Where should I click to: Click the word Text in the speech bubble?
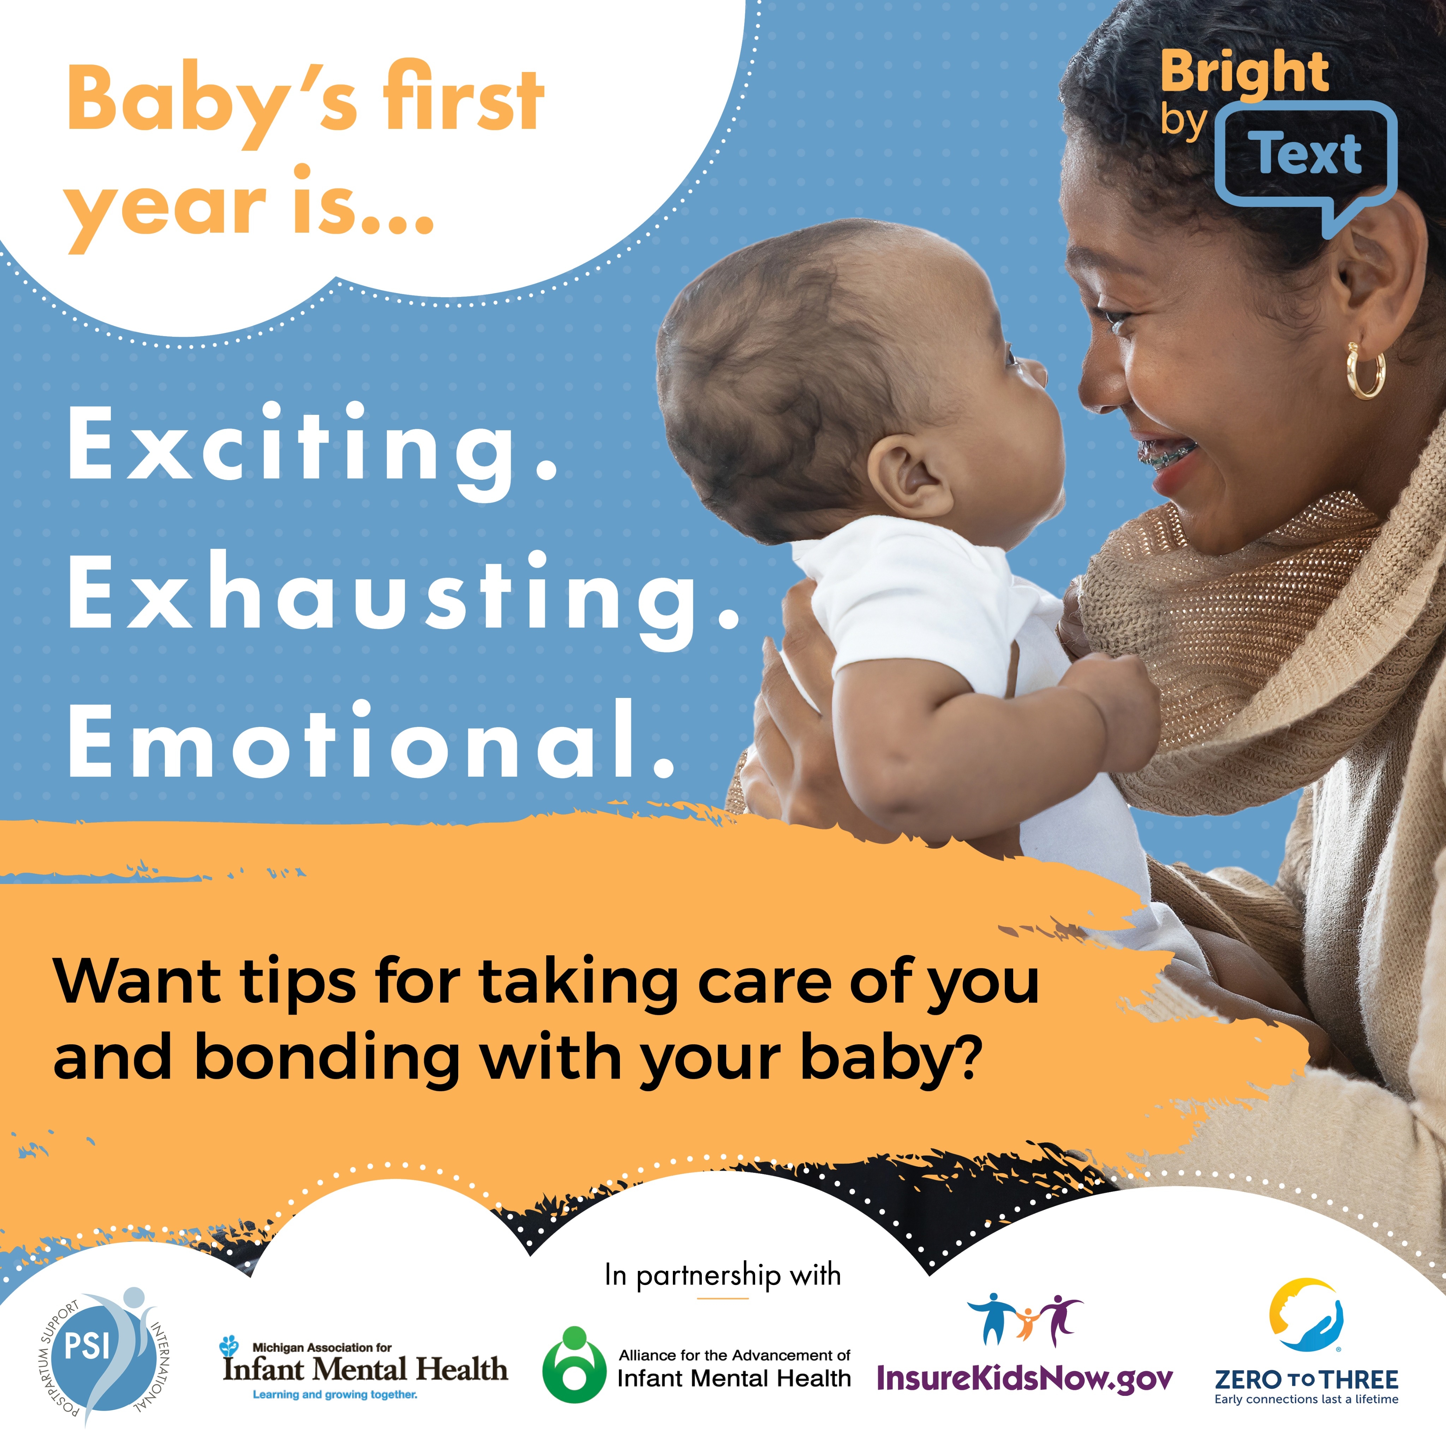click(1308, 154)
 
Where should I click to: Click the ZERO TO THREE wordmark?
click(1306, 1379)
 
